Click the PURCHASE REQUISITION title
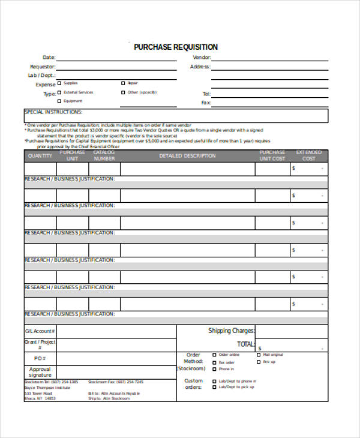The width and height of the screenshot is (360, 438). coord(175,47)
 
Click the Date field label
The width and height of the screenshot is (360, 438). coord(49,58)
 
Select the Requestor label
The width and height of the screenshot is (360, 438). coord(43,67)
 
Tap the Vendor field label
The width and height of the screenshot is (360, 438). coord(200,58)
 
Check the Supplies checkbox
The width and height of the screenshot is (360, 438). coord(59,83)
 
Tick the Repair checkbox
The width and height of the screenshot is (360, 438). coord(123,83)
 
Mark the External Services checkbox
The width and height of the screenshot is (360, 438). coord(59,93)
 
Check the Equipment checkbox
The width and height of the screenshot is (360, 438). coord(59,101)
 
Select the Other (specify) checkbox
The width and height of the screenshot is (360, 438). coord(123,93)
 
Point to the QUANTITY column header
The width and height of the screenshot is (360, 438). coord(40,156)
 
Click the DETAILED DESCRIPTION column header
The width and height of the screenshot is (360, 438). coord(187,156)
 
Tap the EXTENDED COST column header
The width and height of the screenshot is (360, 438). coord(308,155)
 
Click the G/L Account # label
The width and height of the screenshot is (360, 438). coord(40,331)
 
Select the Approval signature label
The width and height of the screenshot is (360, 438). coord(40,372)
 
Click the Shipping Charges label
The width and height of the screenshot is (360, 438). coord(231,331)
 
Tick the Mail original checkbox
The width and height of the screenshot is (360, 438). coord(259,355)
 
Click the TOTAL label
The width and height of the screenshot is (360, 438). coord(245,344)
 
